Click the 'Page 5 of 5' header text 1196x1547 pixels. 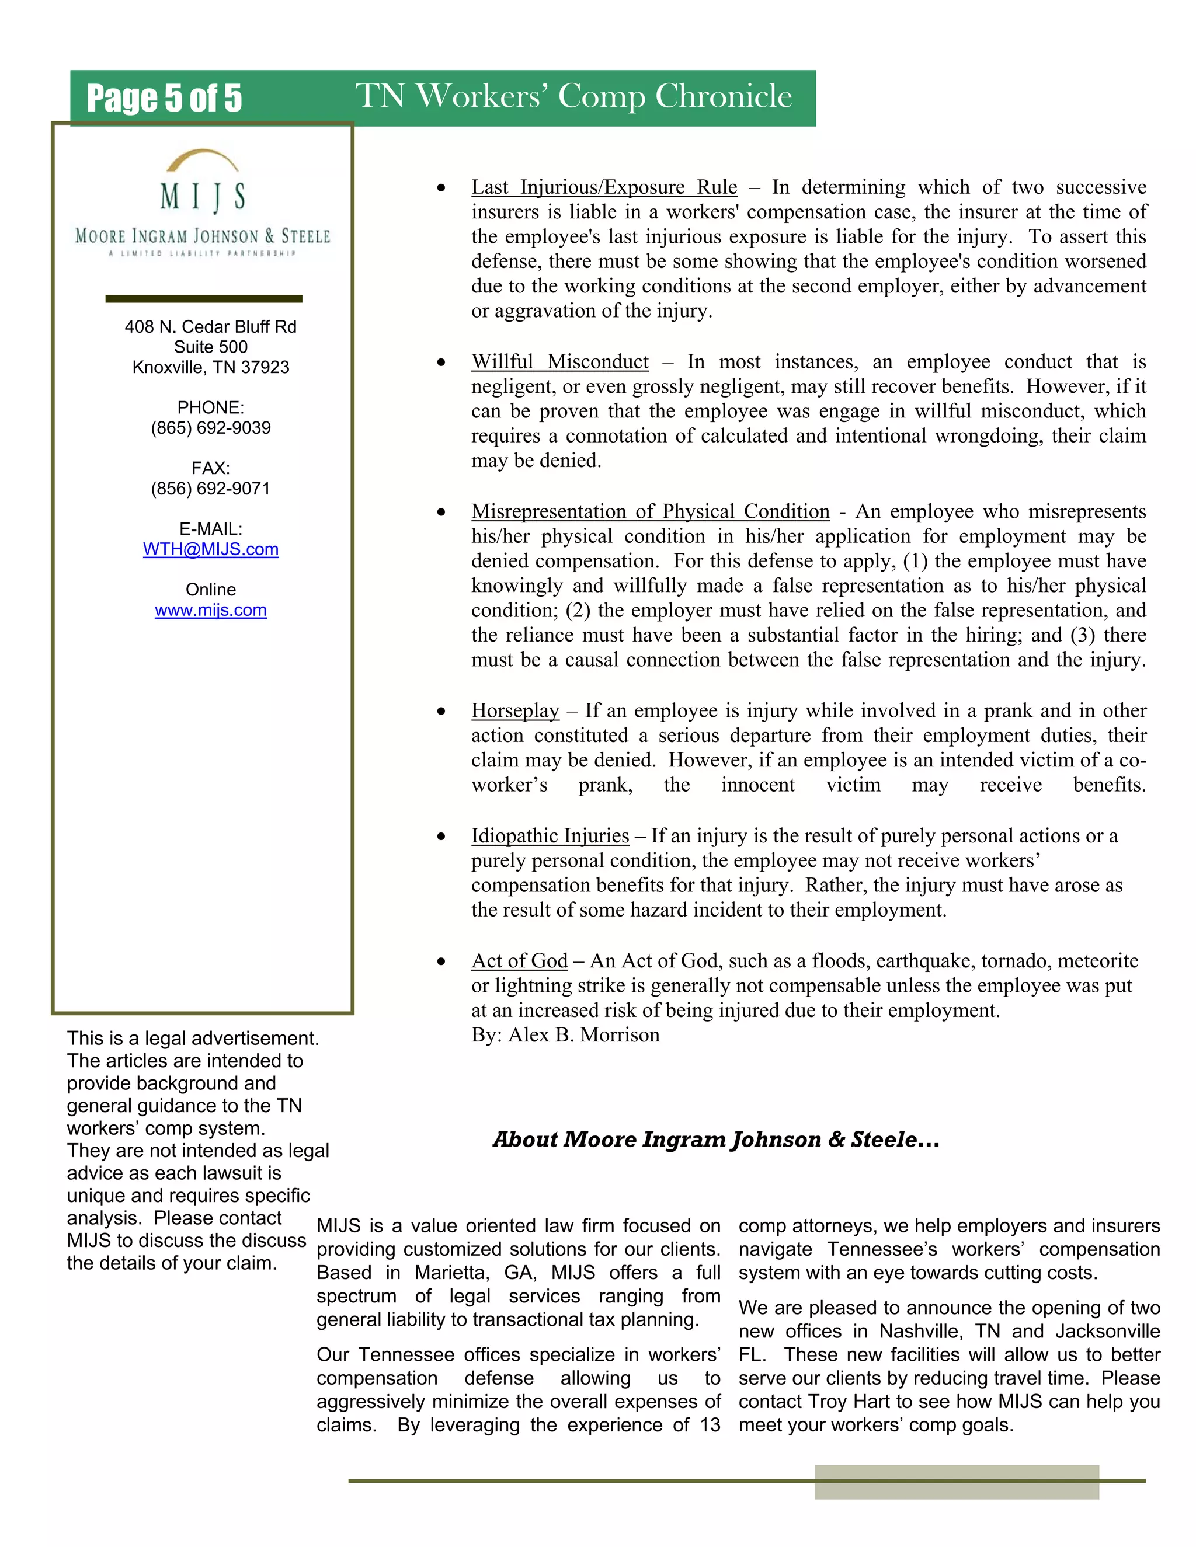pos(164,99)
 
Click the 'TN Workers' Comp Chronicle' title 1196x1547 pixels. pos(573,96)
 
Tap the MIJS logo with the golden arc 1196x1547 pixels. pos(203,202)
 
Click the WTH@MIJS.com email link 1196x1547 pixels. pos(210,550)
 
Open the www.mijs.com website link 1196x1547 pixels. pos(210,611)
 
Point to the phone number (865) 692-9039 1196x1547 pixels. pos(210,428)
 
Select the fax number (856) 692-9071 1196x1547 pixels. pos(210,489)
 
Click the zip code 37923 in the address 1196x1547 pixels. pos(265,368)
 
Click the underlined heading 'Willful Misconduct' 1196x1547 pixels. pos(559,362)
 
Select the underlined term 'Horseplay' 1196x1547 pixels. pos(515,710)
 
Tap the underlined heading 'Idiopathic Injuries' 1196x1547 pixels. pos(550,836)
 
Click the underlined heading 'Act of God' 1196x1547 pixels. pos(519,961)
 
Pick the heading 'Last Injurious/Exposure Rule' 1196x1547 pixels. pos(604,188)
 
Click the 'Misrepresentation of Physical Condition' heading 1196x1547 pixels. pos(650,511)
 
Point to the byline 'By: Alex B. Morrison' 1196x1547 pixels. pos(565,1035)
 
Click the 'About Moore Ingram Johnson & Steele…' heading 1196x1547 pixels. pos(715,1140)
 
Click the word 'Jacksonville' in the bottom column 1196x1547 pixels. pos(1107,1332)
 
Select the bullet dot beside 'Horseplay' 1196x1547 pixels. pos(441,711)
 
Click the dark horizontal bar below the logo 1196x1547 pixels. pos(203,299)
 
